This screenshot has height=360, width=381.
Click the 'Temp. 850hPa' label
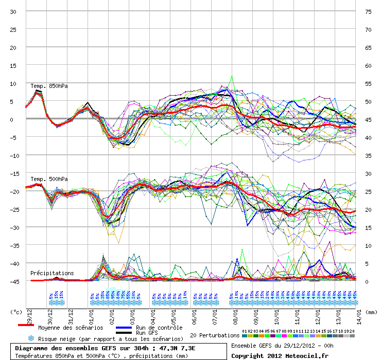click(49, 86)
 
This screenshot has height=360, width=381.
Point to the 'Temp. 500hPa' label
click(49, 179)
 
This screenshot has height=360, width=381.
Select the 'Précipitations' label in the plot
click(52, 273)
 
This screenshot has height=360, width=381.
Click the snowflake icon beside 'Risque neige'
click(30, 338)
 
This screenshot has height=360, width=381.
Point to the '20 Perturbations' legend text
click(215, 335)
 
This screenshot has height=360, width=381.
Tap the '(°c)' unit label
click(16, 312)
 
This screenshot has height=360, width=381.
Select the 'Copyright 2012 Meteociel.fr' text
click(280, 355)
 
